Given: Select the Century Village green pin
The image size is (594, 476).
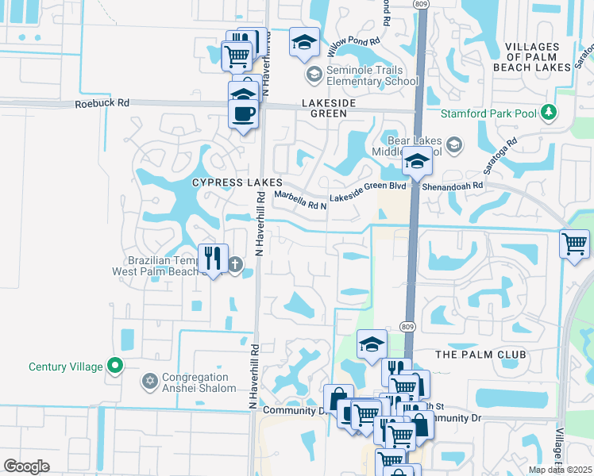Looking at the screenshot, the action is click(116, 367).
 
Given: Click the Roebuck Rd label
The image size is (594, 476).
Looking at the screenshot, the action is click(102, 103).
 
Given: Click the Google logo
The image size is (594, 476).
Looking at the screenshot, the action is click(26, 466).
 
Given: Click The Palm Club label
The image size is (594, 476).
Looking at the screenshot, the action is click(482, 354).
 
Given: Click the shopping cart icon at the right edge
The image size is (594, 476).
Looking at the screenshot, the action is click(573, 243).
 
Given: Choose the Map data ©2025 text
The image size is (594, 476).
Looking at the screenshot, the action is click(560, 470).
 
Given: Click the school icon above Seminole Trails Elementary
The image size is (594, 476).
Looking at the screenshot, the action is click(303, 43).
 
